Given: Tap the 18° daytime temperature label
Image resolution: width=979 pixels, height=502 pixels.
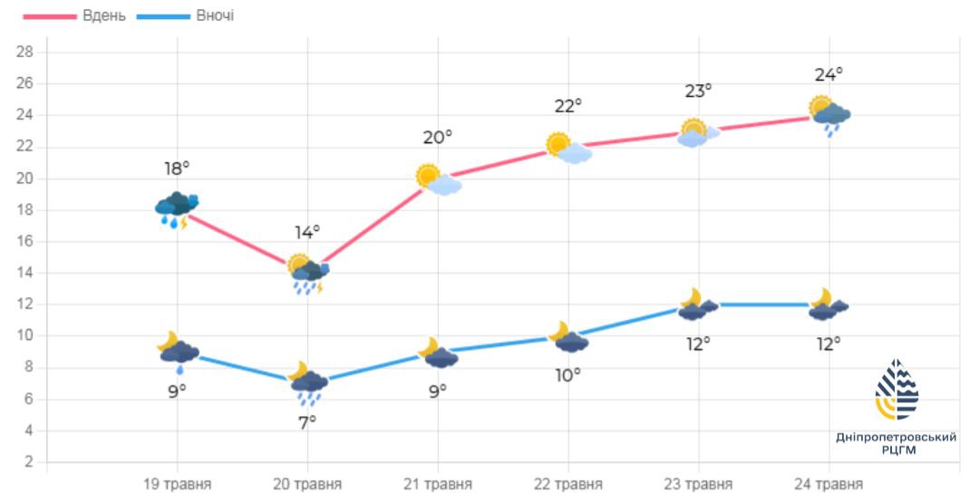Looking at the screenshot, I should pyautogui.click(x=178, y=169).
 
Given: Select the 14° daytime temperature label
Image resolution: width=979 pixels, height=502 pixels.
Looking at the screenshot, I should pyautogui.click(x=307, y=232).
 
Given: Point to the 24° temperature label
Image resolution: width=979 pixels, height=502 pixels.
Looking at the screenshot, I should pyautogui.click(x=829, y=73).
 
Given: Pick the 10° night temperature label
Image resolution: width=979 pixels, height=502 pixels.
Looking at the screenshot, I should pyautogui.click(x=568, y=373).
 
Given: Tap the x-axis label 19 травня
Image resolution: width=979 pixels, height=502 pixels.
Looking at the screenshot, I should pyautogui.click(x=178, y=484).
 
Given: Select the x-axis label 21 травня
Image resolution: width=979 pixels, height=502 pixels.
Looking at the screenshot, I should pyautogui.click(x=438, y=484).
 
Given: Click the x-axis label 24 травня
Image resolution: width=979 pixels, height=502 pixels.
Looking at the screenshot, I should pyautogui.click(x=829, y=484).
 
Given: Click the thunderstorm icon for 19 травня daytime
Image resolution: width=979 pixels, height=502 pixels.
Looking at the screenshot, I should pyautogui.click(x=177, y=209).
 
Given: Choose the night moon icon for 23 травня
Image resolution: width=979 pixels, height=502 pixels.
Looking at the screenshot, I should pyautogui.click(x=697, y=304).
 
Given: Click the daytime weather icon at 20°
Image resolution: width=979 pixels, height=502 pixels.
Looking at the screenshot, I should pyautogui.click(x=438, y=179).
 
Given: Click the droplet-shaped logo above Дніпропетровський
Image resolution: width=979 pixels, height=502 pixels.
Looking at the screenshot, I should pyautogui.click(x=896, y=391).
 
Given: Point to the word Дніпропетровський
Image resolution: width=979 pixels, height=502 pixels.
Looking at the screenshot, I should pyautogui.click(x=896, y=437).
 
